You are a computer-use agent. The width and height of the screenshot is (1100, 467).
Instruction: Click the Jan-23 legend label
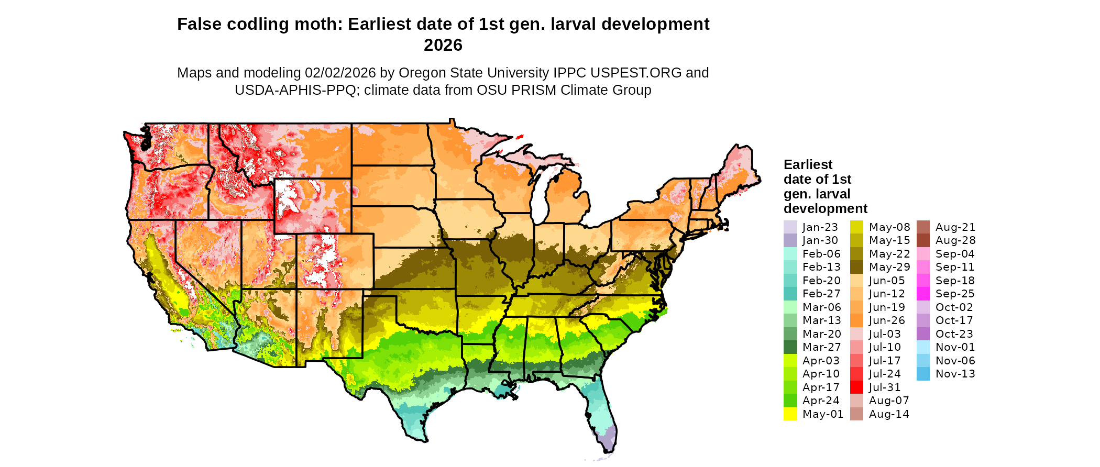tap(820, 227)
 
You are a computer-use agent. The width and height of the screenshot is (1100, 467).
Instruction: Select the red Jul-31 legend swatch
tap(856, 387)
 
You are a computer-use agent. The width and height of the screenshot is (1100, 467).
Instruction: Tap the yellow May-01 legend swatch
tap(790, 414)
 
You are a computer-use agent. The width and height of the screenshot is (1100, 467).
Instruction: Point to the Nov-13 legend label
tap(955, 374)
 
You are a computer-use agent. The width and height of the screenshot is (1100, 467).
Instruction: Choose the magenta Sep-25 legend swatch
tap(923, 294)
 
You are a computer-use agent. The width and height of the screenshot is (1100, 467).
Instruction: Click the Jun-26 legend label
tap(886, 320)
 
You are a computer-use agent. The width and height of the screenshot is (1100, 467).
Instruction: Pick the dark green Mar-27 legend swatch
tap(790, 347)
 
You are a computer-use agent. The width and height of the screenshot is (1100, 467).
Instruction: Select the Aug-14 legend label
tap(888, 414)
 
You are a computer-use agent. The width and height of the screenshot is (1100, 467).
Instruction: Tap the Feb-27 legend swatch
tap(790, 294)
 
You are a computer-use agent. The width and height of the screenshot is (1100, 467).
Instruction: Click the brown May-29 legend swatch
tap(856, 267)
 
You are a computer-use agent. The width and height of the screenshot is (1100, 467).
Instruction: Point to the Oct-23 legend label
tap(954, 334)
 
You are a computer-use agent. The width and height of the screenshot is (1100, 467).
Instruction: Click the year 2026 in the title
tap(443, 45)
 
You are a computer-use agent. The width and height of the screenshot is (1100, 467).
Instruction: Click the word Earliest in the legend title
tap(808, 164)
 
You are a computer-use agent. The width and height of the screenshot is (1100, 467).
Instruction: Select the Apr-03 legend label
tap(820, 361)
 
